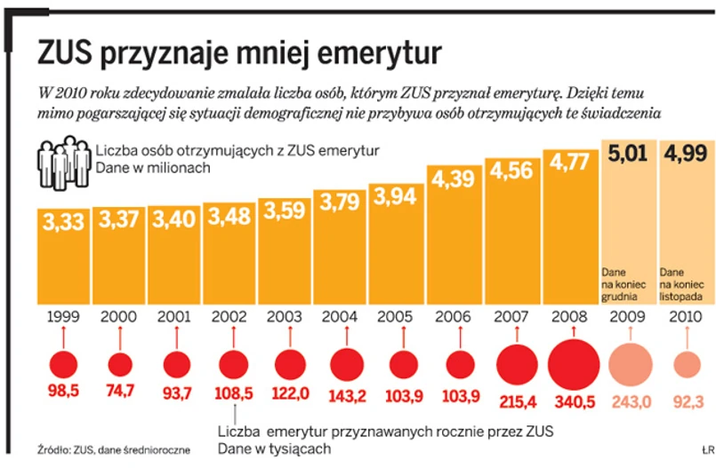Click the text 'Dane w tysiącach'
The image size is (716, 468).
[275, 449]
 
